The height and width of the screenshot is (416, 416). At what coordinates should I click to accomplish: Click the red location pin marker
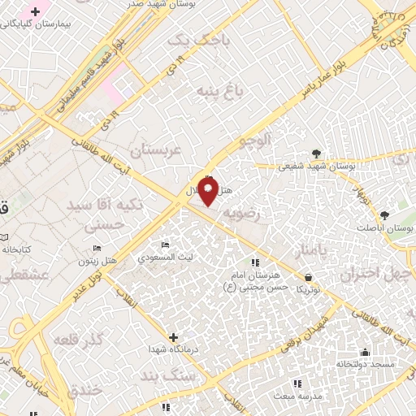pyautogui.click(x=208, y=192)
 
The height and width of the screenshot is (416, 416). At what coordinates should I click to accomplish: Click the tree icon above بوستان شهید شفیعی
pyautogui.click(x=316, y=152)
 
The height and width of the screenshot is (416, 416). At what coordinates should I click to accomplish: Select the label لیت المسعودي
pyautogui.click(x=165, y=258)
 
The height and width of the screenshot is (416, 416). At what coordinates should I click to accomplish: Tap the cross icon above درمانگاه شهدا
pyautogui.click(x=173, y=336)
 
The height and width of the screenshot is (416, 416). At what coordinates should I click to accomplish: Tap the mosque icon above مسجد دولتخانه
pyautogui.click(x=366, y=352)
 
